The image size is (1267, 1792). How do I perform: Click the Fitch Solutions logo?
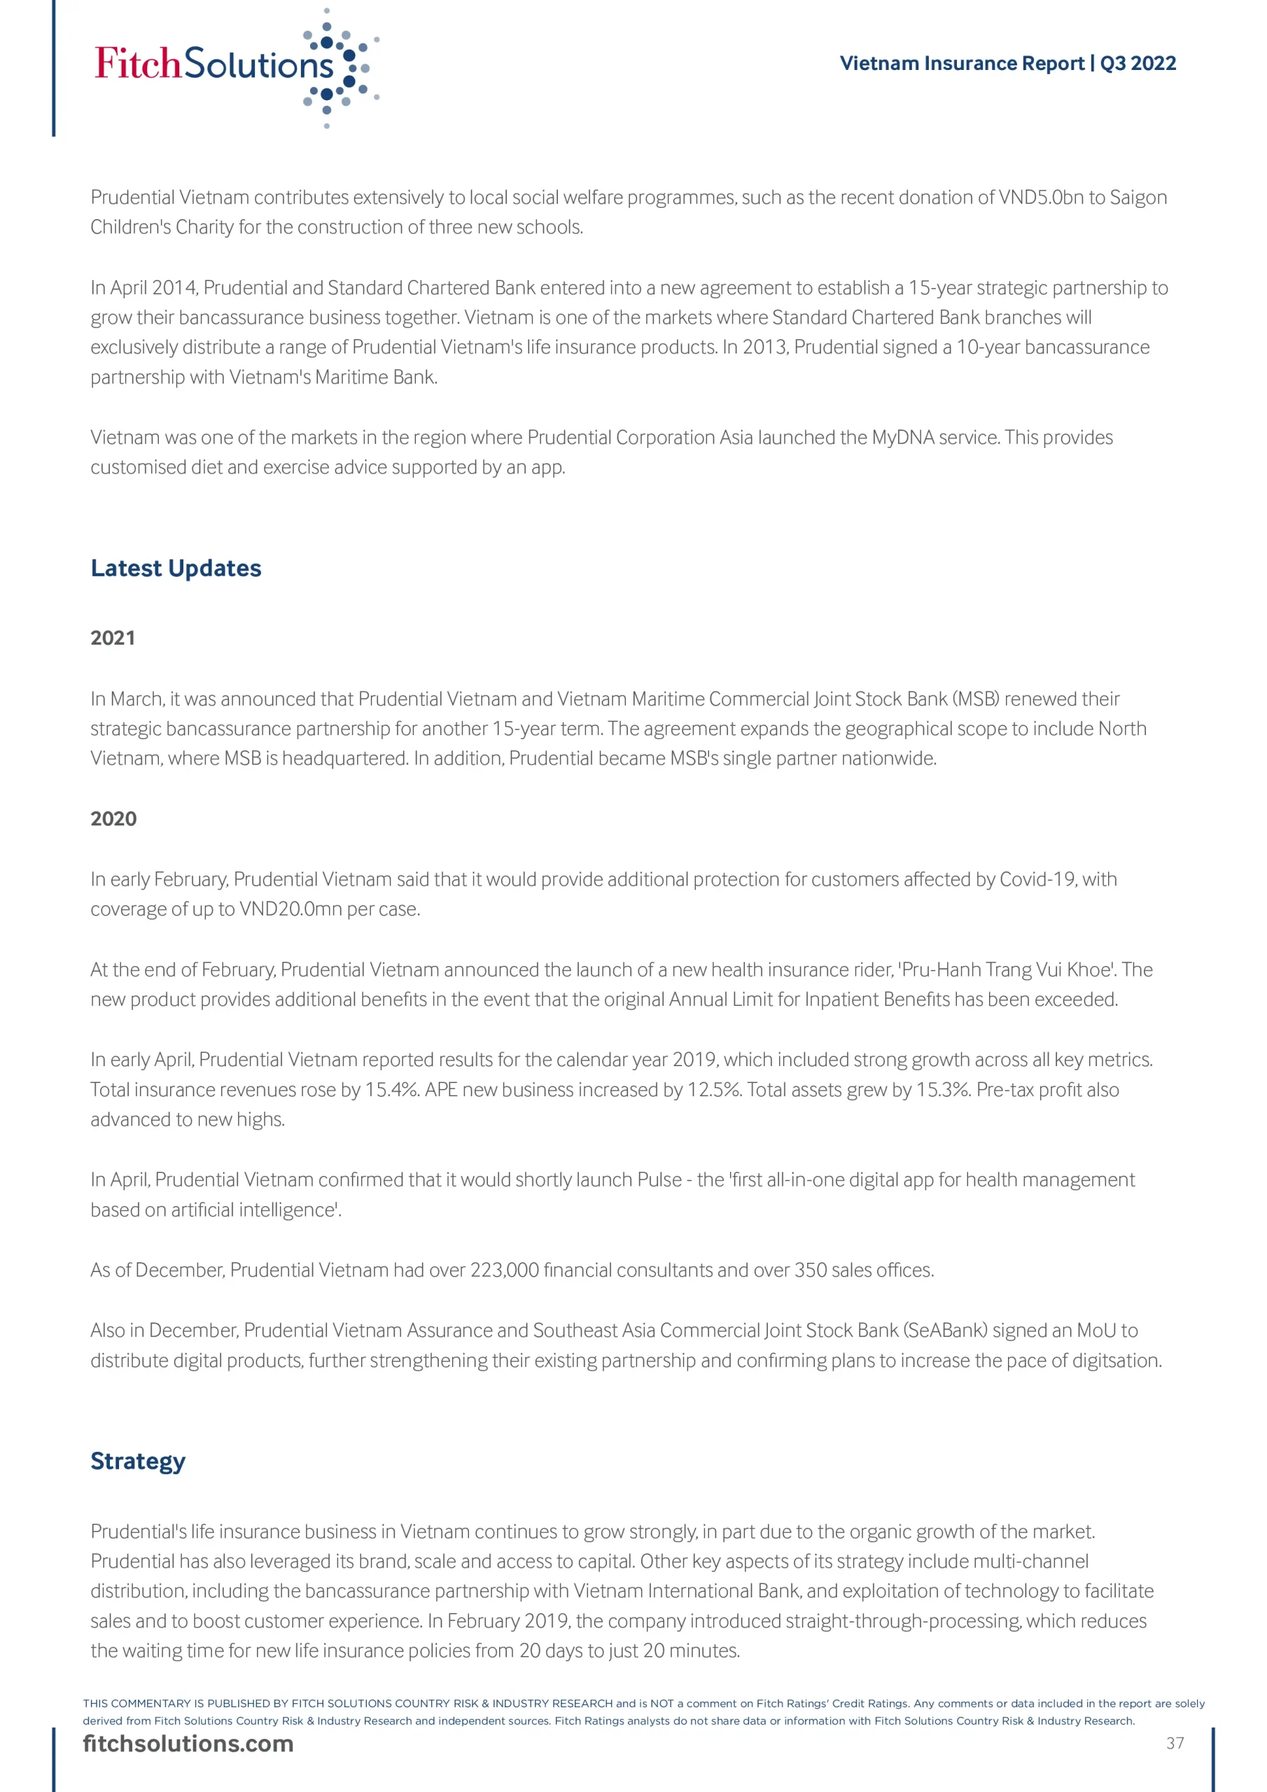tap(234, 66)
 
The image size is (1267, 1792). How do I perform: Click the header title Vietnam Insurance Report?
tap(961, 63)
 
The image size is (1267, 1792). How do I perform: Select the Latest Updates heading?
tap(176, 568)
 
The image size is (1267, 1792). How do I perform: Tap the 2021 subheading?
tap(113, 638)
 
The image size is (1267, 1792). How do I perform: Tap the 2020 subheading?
tap(113, 819)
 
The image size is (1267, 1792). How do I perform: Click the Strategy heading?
tap(137, 1461)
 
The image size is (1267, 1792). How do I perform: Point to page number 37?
tap(1175, 1743)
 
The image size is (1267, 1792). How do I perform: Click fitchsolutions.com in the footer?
tap(188, 1744)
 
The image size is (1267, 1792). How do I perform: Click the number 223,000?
tap(504, 1270)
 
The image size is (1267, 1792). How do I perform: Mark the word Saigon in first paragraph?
tap(1138, 197)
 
